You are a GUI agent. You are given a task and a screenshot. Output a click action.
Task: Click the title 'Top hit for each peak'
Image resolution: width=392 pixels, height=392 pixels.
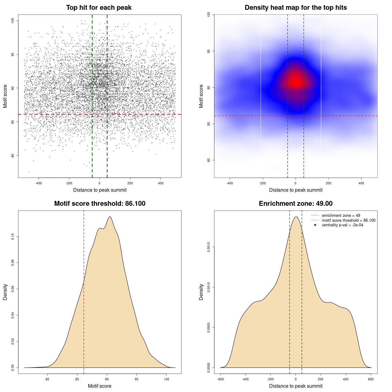coord(99,8)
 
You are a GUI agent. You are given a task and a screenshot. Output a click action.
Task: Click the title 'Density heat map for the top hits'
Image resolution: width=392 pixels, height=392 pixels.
coord(296,8)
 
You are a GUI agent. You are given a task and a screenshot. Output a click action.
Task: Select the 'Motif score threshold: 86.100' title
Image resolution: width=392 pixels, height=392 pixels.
coord(100,204)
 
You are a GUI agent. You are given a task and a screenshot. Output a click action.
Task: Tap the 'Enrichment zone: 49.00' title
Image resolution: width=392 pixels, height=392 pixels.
coord(296,204)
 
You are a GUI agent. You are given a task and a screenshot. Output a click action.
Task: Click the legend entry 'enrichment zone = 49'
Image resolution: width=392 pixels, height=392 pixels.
coord(341,216)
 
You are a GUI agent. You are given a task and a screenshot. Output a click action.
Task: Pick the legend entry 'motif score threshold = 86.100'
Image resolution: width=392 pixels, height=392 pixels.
coord(349,221)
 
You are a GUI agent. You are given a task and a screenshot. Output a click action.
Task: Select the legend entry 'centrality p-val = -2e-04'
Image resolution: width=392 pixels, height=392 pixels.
coord(342,225)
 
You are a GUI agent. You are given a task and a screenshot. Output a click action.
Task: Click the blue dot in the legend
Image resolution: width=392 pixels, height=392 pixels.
coord(315,225)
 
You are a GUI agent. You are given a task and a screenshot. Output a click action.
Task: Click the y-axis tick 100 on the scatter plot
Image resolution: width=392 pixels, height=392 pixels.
coord(13,21)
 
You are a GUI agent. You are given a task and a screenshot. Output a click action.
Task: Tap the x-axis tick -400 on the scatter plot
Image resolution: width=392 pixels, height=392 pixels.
coord(39,183)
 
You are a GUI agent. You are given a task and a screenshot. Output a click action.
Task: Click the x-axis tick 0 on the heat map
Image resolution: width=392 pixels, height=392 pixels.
coord(296,183)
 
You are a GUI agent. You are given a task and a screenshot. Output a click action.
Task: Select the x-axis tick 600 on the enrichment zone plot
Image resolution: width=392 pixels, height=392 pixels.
coord(371,379)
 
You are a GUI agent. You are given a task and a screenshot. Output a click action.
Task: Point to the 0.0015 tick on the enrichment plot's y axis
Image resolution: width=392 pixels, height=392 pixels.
coord(209,247)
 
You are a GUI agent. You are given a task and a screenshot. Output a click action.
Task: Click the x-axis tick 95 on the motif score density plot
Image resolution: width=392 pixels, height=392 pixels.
coord(137,379)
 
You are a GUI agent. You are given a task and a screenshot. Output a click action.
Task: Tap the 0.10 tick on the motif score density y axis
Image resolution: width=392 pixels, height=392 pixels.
coord(13,236)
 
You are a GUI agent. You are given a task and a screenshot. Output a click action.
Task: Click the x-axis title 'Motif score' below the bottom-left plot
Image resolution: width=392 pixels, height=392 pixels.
coord(100,386)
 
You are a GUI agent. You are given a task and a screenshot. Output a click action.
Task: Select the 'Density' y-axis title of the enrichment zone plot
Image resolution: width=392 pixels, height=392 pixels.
coord(201,292)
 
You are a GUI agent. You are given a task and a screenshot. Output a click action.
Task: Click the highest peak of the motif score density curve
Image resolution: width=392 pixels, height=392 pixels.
coord(110,217)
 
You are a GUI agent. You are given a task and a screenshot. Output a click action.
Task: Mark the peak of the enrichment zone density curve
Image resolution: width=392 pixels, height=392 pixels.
coord(296,217)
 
